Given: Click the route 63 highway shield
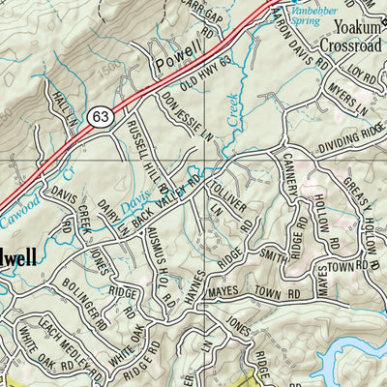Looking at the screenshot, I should (100, 116).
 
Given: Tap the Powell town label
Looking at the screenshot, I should (180, 49).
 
